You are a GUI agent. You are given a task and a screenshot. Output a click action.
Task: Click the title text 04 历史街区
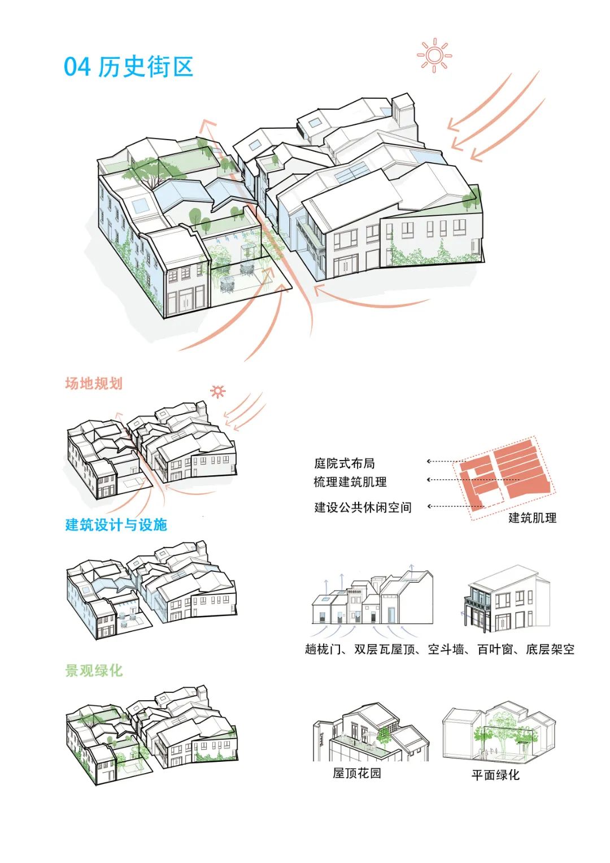click(128, 67)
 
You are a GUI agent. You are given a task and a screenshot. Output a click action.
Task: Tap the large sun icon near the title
click(434, 55)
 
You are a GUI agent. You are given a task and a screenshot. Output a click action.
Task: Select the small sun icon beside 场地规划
click(218, 392)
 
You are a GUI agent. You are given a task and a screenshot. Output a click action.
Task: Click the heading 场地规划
click(94, 383)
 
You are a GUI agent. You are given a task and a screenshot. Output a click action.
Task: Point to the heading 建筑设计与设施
click(116, 524)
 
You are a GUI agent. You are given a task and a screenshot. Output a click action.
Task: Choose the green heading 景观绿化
click(94, 671)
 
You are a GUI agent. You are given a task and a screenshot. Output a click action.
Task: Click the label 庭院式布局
click(345, 463)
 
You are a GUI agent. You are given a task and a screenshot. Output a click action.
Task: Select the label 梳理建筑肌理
click(350, 482)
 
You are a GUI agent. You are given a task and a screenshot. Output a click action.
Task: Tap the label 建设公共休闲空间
click(363, 507)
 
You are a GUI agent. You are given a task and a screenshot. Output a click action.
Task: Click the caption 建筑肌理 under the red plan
click(532, 518)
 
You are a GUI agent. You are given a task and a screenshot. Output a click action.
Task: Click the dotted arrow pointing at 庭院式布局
click(447, 461)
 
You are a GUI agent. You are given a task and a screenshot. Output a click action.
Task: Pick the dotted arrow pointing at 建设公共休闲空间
click(455, 506)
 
